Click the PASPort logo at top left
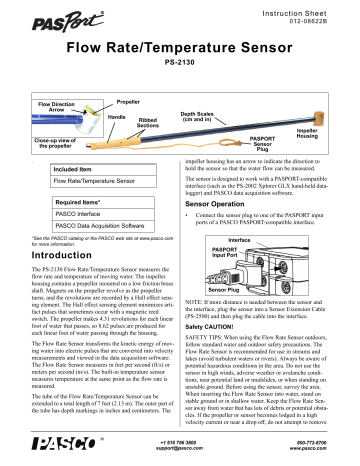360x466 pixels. tap(35, 17)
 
